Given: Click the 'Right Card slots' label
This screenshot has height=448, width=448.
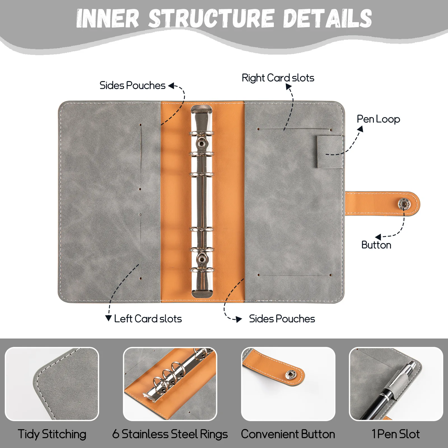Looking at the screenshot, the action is point(278,78).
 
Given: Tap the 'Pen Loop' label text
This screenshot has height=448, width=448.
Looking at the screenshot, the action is point(378,119).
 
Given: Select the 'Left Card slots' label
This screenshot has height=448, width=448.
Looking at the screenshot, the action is point(148,319).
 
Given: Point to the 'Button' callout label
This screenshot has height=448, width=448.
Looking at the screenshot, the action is point(376,245).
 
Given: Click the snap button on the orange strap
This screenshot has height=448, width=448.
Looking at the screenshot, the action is point(403,204).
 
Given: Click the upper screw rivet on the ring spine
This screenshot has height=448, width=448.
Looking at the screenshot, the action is point(201,143).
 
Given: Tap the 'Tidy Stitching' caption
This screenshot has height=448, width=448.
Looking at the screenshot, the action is point(52,434).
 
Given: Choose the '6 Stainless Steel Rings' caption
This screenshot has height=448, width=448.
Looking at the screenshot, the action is point(170,434).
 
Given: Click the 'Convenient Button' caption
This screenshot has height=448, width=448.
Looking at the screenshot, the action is point(288,434).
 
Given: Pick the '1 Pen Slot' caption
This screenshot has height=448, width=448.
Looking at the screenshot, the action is point(396,434).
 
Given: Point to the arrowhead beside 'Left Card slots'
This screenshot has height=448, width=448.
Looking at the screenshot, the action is point(109,318).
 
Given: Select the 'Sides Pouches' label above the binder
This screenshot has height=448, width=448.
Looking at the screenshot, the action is point(132,85).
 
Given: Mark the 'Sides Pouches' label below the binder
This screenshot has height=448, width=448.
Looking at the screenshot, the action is point(282,319).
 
